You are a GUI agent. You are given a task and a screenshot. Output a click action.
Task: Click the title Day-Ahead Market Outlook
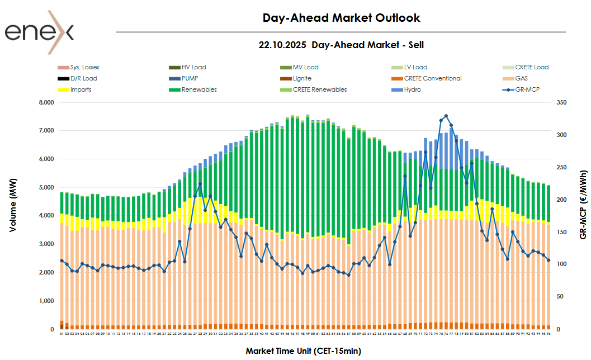click(x=341, y=18)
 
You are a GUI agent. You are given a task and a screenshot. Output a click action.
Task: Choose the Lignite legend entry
click(x=302, y=78)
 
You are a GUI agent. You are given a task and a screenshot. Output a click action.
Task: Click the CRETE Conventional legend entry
click(x=433, y=78)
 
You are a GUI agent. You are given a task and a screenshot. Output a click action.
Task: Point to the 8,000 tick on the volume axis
click(x=45, y=103)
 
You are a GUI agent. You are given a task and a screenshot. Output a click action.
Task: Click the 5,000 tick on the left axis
click(x=45, y=188)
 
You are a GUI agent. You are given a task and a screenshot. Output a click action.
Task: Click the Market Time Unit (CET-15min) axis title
click(x=303, y=351)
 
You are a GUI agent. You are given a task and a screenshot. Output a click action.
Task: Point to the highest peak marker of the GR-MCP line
click(x=446, y=116)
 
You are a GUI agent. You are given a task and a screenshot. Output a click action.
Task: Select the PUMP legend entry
click(x=190, y=78)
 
